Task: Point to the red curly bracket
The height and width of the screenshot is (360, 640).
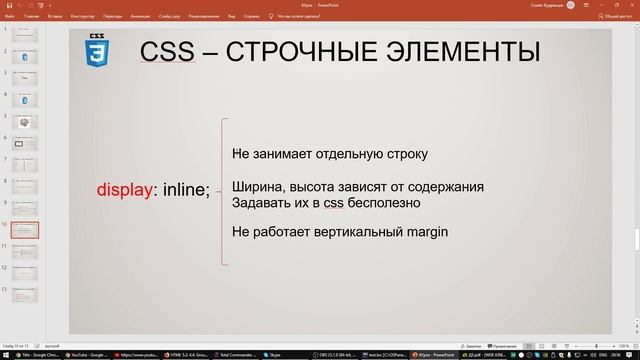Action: [222, 191]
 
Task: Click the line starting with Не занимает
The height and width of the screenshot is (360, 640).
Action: [329, 154]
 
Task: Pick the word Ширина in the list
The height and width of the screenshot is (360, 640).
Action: [256, 187]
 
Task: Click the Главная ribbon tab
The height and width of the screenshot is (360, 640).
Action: [33, 17]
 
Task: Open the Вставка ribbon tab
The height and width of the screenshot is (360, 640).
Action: [54, 17]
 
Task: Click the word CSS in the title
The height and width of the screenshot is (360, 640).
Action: [170, 52]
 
